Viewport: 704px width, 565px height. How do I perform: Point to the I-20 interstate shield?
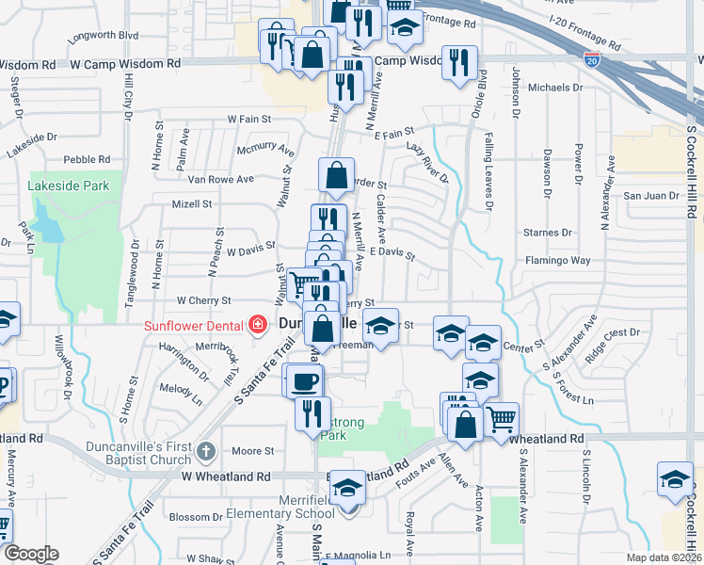[591, 59]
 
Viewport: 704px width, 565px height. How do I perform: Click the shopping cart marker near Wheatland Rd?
[502, 416]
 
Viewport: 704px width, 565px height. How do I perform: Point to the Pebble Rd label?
[87, 159]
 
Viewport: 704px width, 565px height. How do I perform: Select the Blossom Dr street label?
[195, 517]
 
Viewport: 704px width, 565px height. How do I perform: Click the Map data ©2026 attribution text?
[662, 557]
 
